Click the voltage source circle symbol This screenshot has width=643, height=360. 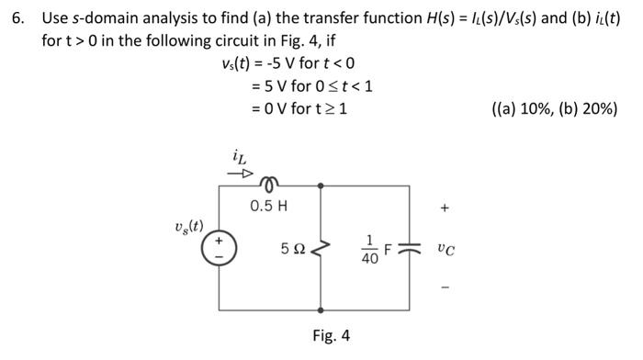pos(219,248)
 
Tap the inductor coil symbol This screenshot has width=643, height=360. pos(269,182)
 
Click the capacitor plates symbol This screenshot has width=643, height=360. pos(409,248)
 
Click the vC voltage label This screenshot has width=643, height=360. pos(446,248)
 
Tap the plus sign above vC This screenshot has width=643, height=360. pos(446,208)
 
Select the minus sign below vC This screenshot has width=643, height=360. pos(446,287)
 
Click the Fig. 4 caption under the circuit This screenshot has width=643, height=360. pos(332,335)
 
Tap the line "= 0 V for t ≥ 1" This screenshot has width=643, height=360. pos(298,108)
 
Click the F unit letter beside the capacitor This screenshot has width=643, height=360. pos(388,248)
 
